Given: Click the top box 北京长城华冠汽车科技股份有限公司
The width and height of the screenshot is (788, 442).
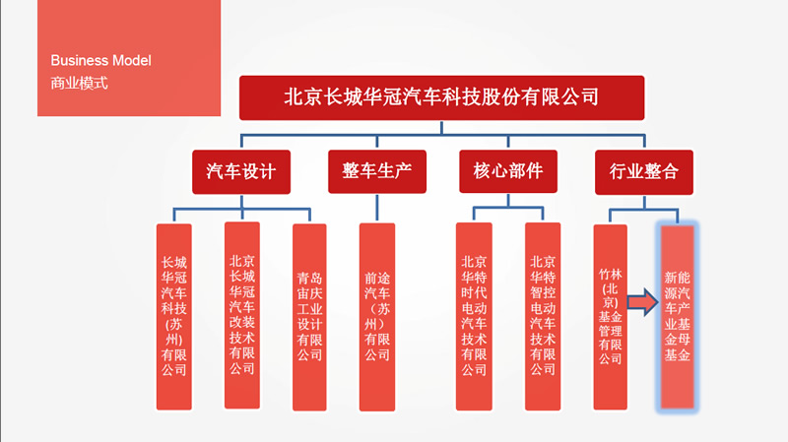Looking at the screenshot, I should pyautogui.click(x=441, y=97).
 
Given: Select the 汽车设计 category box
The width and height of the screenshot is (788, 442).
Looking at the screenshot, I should pyautogui.click(x=241, y=171).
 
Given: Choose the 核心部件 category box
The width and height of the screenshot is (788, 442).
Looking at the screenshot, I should pyautogui.click(x=508, y=171).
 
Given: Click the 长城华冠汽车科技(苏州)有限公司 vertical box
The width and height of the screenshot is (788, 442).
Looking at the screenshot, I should pyautogui.click(x=174, y=316).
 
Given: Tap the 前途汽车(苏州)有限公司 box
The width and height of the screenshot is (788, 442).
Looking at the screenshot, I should pyautogui.click(x=377, y=316).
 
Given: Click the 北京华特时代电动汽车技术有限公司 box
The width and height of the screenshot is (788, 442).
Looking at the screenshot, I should pyautogui.click(x=474, y=316).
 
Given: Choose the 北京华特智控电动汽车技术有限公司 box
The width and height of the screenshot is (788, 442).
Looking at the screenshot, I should pyautogui.click(x=542, y=316).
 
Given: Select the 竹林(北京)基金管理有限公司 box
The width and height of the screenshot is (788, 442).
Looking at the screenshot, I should pyautogui.click(x=610, y=316).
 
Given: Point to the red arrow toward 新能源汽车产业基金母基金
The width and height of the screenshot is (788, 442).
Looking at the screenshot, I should pyautogui.click(x=641, y=302).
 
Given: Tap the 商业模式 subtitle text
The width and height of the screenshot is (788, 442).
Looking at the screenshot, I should pyautogui.click(x=79, y=83).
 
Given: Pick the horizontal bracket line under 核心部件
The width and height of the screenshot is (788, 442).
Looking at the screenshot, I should pyautogui.click(x=508, y=207).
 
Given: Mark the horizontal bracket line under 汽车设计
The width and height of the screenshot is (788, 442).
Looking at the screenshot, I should pyautogui.click(x=241, y=208).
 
